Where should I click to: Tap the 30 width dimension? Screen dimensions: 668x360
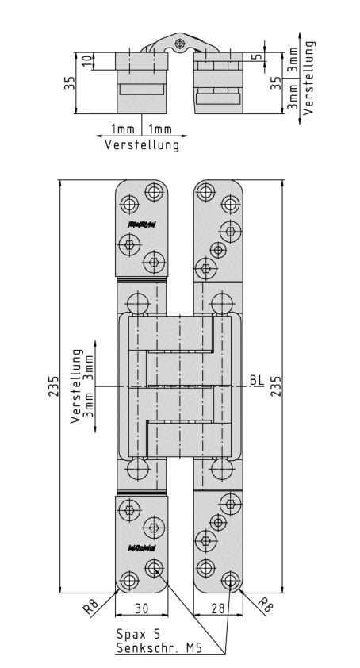tap(140, 608)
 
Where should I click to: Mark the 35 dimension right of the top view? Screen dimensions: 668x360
tap(275, 83)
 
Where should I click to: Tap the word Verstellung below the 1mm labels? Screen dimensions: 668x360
tap(142, 144)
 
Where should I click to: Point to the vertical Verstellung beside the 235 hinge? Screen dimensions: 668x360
tap(76, 388)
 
